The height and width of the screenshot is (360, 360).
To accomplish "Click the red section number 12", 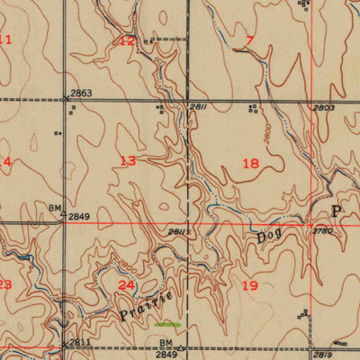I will click(x=128, y=40).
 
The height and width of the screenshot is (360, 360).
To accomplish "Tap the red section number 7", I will click(x=249, y=40).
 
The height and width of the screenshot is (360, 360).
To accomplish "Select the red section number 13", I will click(x=128, y=161).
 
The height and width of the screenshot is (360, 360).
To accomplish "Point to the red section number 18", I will click(x=250, y=163).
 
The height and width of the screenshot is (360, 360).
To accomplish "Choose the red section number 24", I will click(x=128, y=285).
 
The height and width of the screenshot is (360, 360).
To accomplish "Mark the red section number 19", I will click(x=250, y=285).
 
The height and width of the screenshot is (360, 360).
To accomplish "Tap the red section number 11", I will click(x=5, y=40).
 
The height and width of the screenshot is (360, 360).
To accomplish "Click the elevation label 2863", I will click(x=81, y=94).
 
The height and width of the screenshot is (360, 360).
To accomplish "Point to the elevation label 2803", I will click(x=324, y=108).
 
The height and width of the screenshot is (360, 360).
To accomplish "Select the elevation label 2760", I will click(x=323, y=231).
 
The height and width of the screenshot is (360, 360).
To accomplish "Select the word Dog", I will click(x=267, y=238).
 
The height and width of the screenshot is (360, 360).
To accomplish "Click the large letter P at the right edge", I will click(x=337, y=211).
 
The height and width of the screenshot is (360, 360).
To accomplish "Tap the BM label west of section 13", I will click(x=54, y=207).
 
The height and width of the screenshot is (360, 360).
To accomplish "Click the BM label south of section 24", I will click(x=166, y=343).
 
